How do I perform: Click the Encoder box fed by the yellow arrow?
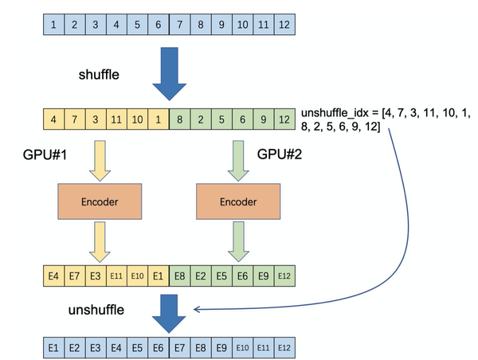coord(100,202)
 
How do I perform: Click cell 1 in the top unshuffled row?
coord(53,25)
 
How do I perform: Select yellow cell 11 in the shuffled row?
coord(116,119)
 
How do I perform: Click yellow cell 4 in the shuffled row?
coord(53,119)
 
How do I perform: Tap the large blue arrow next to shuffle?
coord(169,73)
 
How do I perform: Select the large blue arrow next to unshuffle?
coord(169,311)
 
